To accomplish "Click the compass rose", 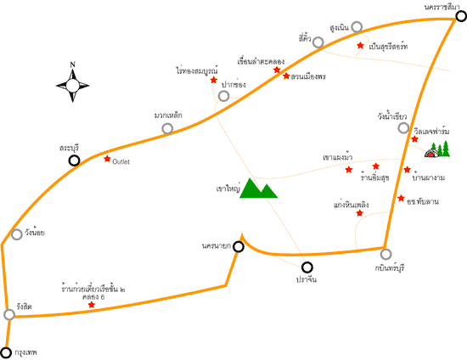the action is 72,86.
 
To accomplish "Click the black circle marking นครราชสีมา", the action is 461,16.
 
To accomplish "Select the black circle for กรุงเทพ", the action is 6,352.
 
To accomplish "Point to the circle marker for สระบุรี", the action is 74,160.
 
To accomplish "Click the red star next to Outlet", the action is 107,159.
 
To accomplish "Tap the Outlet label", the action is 121,161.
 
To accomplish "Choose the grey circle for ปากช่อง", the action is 223,96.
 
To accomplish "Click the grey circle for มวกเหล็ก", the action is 167,129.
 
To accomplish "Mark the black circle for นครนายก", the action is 239,246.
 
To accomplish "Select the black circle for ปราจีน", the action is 307,267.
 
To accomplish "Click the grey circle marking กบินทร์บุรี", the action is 385,254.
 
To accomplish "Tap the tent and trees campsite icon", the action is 437,149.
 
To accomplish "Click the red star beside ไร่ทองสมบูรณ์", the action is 213,80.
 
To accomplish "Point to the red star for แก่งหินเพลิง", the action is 360,213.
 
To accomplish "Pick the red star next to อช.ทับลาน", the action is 401,198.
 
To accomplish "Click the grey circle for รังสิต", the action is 9,314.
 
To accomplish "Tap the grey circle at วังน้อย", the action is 17,234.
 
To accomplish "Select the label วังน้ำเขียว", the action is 392,116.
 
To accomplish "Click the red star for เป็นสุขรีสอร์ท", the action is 360,45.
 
